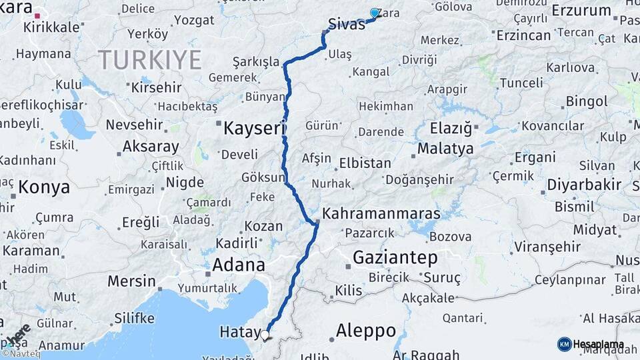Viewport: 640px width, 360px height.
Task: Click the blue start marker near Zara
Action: coord(375,13)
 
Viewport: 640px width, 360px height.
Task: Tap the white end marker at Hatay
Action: coord(265,335)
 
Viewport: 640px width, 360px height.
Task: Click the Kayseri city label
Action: coord(254,127)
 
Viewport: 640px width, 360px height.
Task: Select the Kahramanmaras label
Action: coord(381,214)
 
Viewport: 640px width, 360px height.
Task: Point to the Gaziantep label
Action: coord(395,257)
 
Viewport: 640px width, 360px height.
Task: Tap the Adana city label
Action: coord(238,265)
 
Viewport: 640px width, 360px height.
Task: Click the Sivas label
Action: coord(347,25)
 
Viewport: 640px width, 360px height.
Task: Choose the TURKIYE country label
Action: coord(150,61)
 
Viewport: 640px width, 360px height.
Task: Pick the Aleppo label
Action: coord(365,330)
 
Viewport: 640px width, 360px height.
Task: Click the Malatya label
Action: coord(445,148)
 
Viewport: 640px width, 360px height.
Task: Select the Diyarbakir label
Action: coord(584,185)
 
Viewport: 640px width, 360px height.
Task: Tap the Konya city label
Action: coord(44,187)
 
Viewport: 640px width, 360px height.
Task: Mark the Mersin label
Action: coord(131,281)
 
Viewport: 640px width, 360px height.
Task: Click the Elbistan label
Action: coord(365,163)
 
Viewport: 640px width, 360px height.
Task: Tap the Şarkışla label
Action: coord(256,62)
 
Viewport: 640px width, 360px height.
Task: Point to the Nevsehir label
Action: coord(134,125)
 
